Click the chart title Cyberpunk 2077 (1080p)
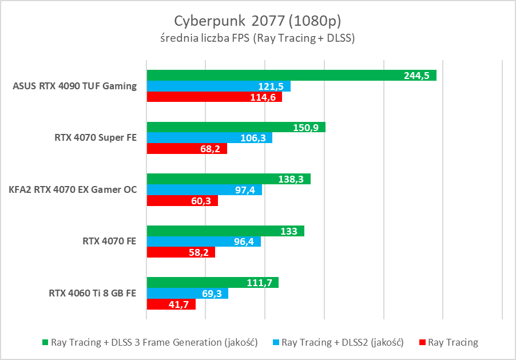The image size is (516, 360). tap(257, 21)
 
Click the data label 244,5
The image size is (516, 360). tap(416, 76)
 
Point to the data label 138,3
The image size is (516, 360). tap(291, 179)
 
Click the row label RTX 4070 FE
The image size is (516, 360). tap(109, 242)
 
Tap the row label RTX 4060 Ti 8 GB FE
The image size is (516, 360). tap(93, 293)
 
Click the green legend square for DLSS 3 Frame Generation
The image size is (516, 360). tap(45, 343)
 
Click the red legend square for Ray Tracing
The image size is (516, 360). tap(422, 343)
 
